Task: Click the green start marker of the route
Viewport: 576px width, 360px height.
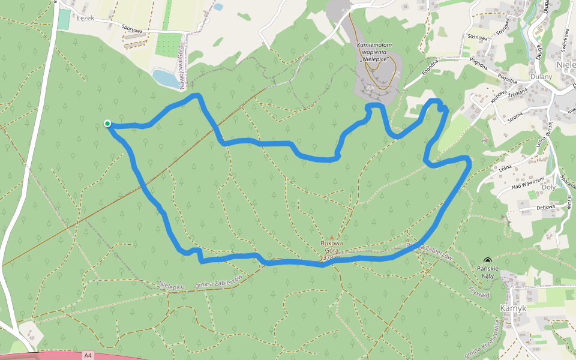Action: click(107, 124)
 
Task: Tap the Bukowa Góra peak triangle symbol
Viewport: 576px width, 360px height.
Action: click(331, 238)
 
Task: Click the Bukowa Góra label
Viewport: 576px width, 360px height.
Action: click(332, 247)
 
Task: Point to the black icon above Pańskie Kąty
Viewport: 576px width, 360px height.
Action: click(486, 260)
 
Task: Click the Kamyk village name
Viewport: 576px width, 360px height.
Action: click(512, 307)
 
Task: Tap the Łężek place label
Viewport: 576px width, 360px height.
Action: click(84, 18)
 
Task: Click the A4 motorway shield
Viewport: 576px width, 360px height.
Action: click(88, 355)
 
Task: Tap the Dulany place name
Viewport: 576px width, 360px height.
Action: click(541, 77)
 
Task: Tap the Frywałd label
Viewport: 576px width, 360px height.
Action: click(479, 292)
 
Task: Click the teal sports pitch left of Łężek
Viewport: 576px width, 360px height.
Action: click(64, 19)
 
